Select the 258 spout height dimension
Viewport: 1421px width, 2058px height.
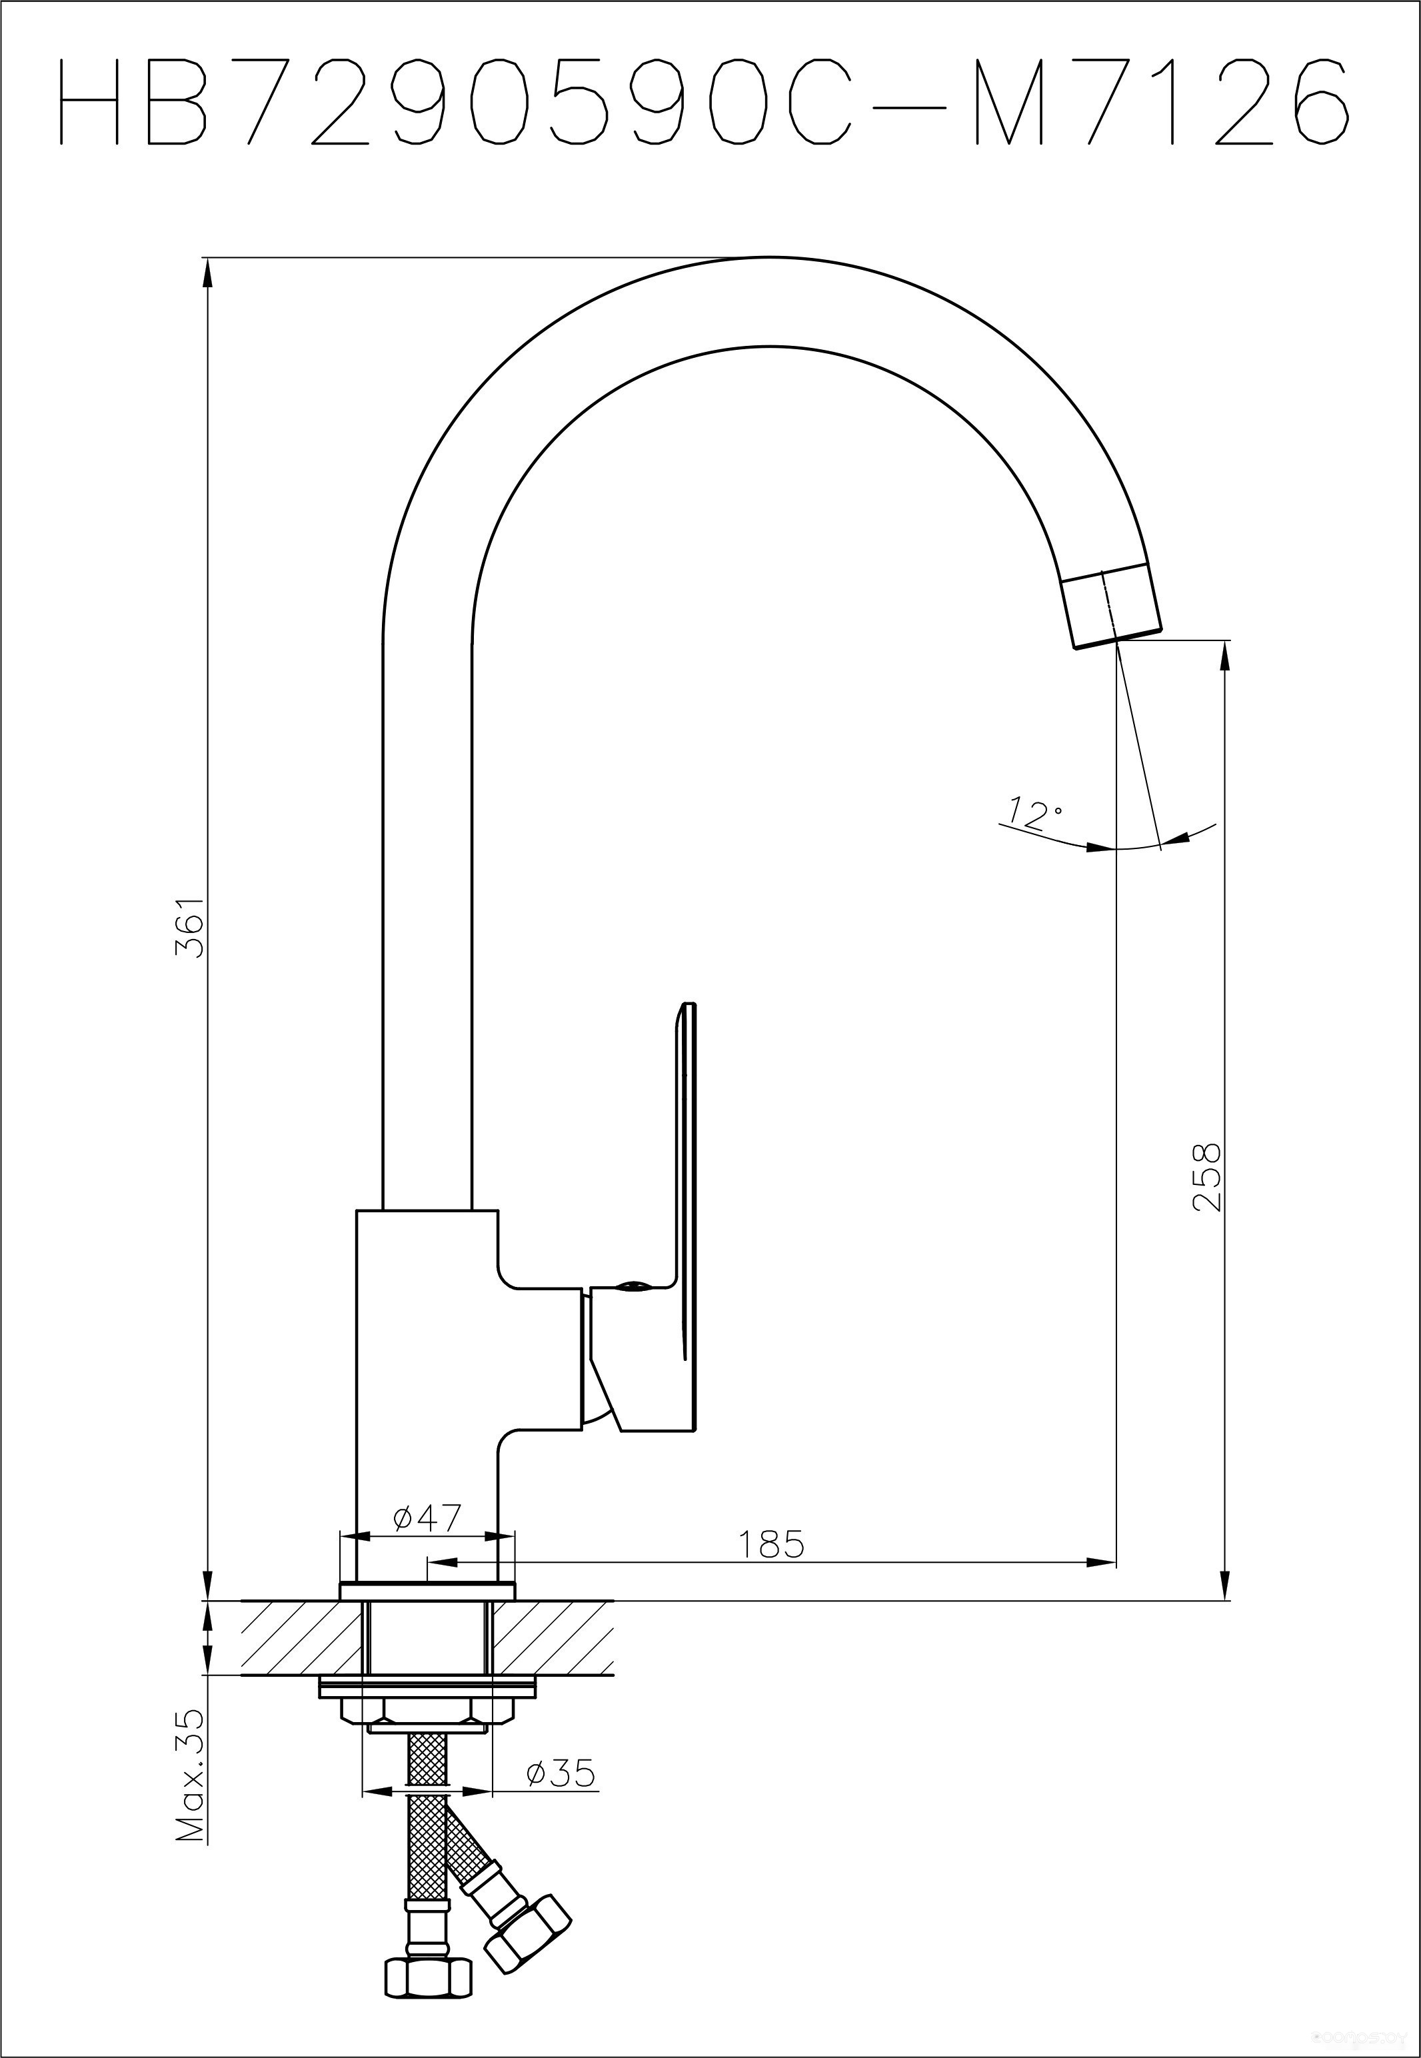coord(1206,1177)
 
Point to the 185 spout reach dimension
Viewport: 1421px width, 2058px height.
coord(771,1544)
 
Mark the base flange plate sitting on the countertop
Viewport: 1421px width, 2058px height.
coord(427,1591)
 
